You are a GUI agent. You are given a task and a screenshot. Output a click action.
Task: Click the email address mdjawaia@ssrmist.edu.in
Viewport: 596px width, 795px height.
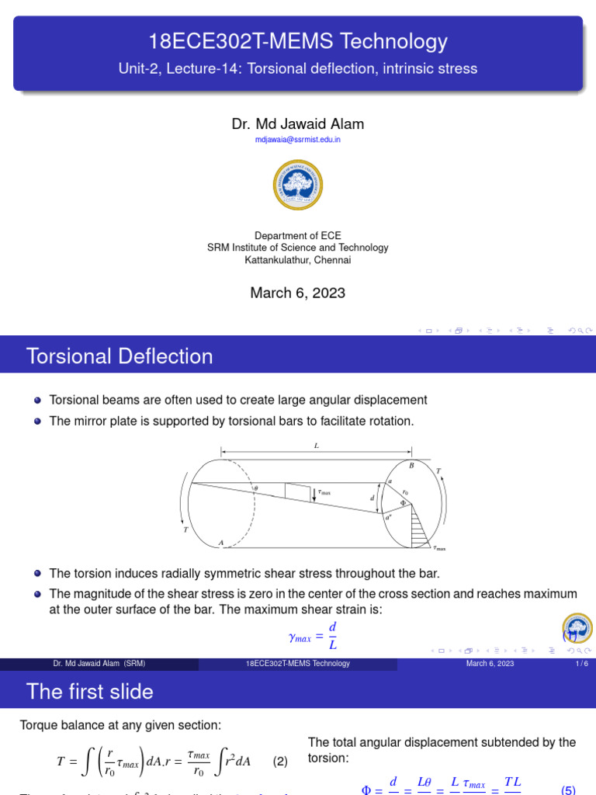click(x=298, y=140)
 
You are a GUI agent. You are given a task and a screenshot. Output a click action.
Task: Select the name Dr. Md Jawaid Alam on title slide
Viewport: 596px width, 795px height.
click(x=298, y=124)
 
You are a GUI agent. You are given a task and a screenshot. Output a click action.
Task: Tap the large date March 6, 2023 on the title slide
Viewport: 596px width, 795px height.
click(x=298, y=293)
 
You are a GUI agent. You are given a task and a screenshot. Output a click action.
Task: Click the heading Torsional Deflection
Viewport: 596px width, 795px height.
click(x=120, y=356)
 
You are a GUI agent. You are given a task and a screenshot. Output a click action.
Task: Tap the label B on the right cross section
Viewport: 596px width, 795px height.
click(x=411, y=465)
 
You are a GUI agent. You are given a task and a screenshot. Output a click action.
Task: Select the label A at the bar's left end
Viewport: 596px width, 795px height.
click(x=221, y=543)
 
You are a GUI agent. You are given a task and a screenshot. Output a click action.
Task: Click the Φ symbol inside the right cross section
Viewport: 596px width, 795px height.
click(x=403, y=503)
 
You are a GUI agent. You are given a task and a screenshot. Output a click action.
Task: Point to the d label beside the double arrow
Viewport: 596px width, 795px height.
click(x=372, y=498)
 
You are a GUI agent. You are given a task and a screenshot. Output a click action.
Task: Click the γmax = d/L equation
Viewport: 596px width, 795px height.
click(x=313, y=635)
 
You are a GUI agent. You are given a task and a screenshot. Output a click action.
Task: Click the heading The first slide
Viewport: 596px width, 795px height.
click(x=90, y=692)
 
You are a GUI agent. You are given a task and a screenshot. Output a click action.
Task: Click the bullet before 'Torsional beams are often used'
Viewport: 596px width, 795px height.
click(x=38, y=401)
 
